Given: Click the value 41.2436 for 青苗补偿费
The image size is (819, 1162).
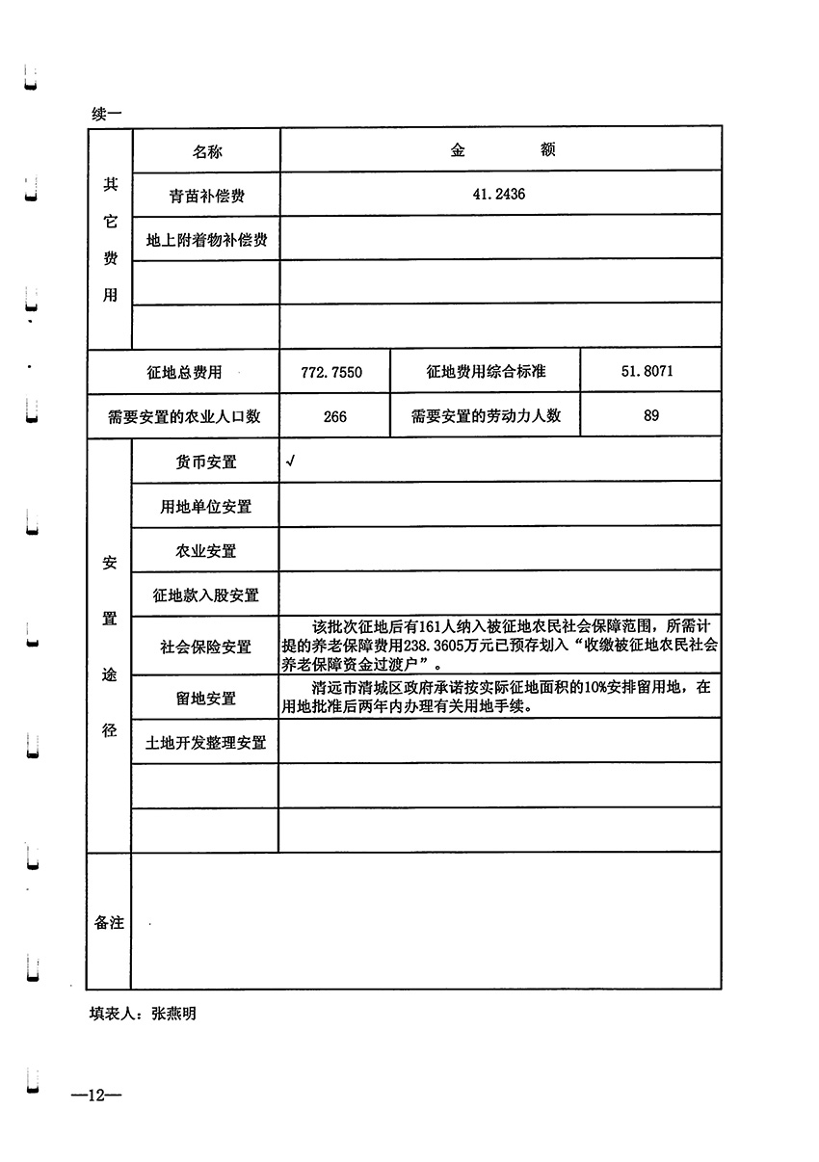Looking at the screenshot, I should (x=498, y=195).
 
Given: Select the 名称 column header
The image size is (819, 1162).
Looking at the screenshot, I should (x=206, y=151).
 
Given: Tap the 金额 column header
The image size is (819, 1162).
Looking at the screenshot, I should (x=501, y=150).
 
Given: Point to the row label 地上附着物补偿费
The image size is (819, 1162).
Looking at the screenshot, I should (x=206, y=240).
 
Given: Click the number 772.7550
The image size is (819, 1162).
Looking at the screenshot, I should (x=331, y=372).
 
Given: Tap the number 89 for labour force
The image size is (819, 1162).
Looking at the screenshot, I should (x=651, y=416).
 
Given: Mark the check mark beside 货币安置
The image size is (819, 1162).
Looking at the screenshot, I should (x=290, y=462).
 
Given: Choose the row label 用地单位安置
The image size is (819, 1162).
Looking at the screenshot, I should (x=206, y=507).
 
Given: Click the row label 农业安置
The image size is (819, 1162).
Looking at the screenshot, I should (x=206, y=551).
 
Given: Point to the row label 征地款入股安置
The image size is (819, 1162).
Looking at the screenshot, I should (x=206, y=595).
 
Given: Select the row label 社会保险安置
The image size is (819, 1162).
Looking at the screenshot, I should (x=206, y=647).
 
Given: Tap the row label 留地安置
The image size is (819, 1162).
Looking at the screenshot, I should (x=206, y=699).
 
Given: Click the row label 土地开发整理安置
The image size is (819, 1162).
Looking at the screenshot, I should (x=206, y=743).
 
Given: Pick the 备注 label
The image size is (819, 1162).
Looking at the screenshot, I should (x=109, y=922).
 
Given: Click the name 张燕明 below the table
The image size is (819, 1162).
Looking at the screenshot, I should (x=173, y=1015).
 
